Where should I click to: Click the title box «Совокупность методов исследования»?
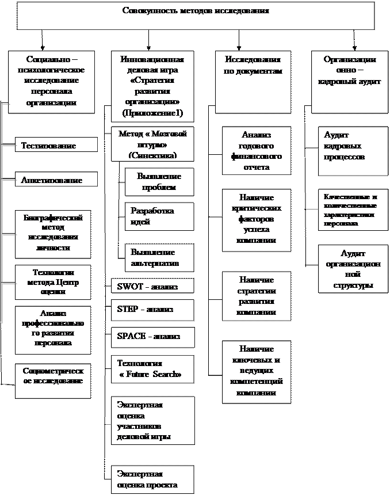[196, 16]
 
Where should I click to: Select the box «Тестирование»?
[56, 146]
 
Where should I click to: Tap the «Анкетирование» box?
[56, 180]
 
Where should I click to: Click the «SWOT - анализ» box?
[152, 287]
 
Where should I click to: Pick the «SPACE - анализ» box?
[152, 336]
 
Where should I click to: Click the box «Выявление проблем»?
[159, 182]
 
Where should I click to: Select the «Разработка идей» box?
[159, 216]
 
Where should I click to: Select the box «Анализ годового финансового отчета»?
[253, 151]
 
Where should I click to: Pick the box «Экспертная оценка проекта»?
[152, 479]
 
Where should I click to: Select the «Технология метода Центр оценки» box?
[53, 283]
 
